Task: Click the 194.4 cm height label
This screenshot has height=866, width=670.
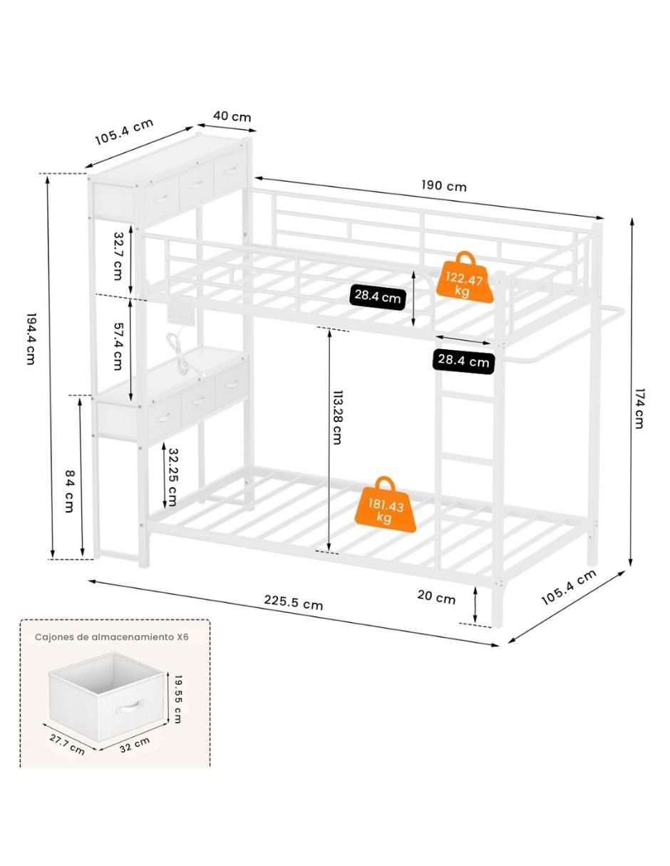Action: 31,339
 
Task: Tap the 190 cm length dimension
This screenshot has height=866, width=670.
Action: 444,186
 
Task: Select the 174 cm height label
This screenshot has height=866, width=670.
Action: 639,408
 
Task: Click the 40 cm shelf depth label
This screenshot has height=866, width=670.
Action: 232,116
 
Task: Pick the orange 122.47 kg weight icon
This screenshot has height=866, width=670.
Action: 464,277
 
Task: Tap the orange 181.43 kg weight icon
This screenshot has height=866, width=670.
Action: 385,504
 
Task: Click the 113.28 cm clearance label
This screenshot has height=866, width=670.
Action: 336,417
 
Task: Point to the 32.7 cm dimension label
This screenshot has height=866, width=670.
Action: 118,256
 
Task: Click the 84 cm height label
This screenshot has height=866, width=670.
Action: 70,491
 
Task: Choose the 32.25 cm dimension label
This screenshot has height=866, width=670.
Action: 172,477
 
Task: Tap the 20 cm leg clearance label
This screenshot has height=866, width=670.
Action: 436,598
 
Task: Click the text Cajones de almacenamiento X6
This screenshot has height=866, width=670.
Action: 111,636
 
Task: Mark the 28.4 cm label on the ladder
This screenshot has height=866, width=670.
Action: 463,361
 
